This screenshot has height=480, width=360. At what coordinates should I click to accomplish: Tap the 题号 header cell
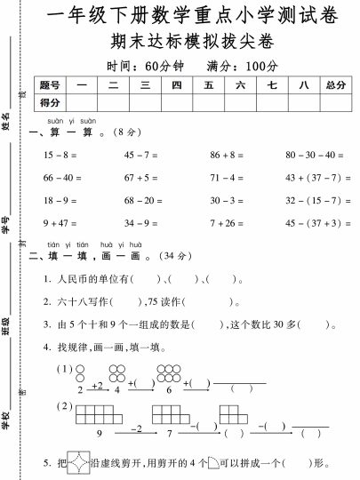50,85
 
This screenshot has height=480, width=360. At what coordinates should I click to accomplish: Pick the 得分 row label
50,103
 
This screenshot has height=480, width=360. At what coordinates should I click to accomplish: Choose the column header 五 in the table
208,85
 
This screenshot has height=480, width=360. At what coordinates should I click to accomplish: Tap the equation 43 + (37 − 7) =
318,178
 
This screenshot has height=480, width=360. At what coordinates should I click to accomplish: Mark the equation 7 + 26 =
228,223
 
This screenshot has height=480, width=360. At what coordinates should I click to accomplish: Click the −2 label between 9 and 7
136,428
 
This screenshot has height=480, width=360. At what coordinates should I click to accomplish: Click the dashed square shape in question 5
80,462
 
